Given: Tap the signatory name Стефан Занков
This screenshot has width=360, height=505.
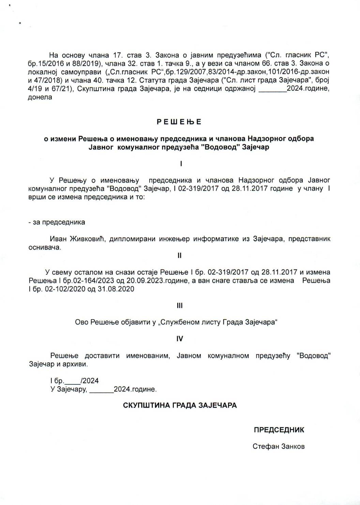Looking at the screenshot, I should click(x=279, y=446).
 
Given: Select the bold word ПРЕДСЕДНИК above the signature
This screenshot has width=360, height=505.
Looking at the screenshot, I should click(x=279, y=430).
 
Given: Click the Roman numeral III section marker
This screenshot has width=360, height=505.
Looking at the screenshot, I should click(x=180, y=306).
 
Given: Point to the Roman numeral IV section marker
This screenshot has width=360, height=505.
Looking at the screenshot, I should click(x=180, y=339).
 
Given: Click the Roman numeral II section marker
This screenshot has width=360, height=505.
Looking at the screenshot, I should click(x=180, y=255).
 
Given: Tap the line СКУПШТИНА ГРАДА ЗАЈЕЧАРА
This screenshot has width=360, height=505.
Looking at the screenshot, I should click(x=180, y=405).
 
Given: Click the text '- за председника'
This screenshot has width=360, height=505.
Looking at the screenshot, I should click(x=57, y=222).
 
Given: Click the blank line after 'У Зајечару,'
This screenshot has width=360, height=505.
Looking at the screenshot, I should click(x=101, y=389).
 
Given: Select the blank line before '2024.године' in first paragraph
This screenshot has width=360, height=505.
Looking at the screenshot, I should click(x=273, y=89).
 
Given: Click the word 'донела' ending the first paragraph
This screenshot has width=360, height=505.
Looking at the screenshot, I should click(x=40, y=97).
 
